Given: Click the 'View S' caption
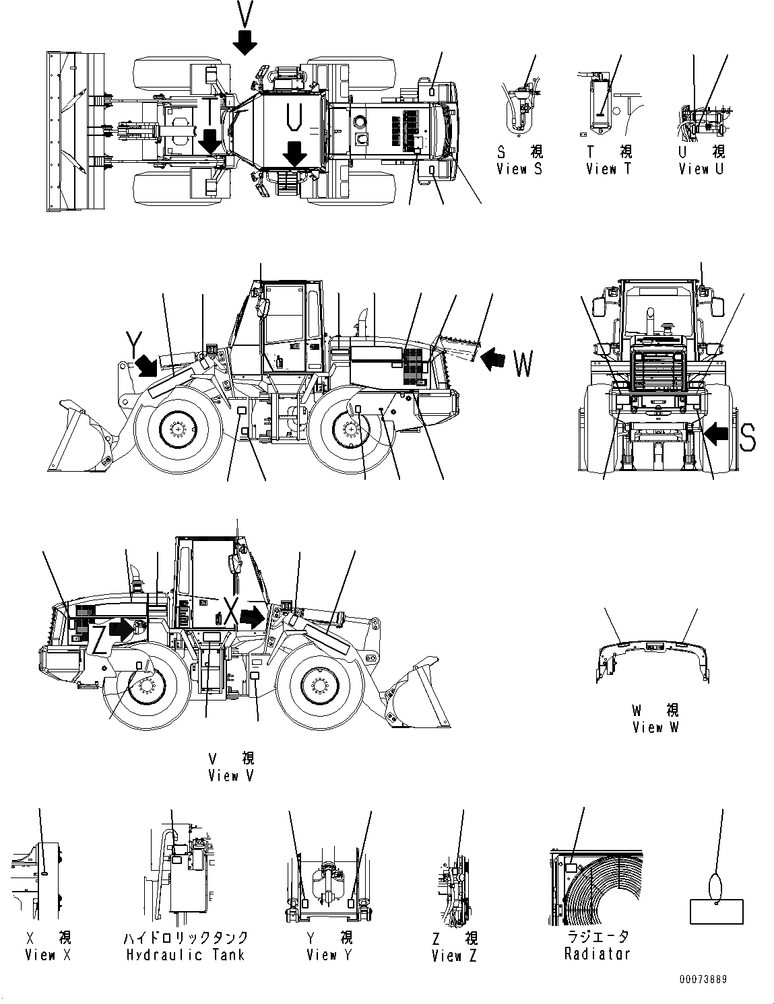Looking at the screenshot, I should coord(519,169).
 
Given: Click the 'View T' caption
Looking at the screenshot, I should coord(609,169).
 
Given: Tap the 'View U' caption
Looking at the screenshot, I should coord(701,169).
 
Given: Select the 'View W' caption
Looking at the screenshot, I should coord(655,727).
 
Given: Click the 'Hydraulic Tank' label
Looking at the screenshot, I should coord(185,954).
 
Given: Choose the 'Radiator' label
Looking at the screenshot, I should coord(598,954).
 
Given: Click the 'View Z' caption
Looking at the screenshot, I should coord(454,955).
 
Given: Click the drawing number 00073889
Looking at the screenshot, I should coord(703,980).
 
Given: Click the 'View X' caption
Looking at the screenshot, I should coord(48,954).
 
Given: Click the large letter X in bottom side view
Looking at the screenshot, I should coord(232,614).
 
